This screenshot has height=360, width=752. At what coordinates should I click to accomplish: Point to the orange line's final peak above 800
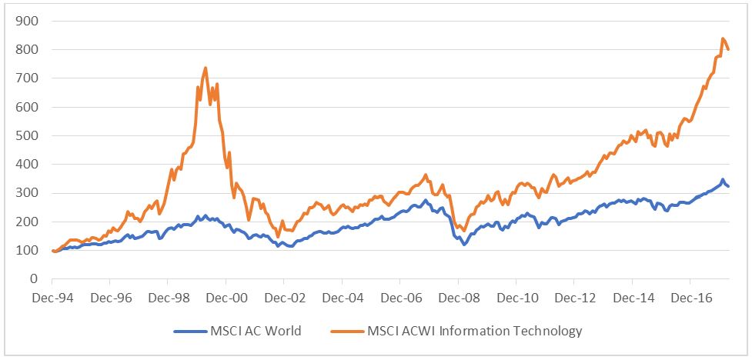click(x=723, y=38)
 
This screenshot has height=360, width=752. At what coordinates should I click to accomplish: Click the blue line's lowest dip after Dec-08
click(x=464, y=244)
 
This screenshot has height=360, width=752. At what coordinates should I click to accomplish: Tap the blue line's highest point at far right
click(x=722, y=180)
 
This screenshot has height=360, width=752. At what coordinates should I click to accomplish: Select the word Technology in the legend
click(x=549, y=332)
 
